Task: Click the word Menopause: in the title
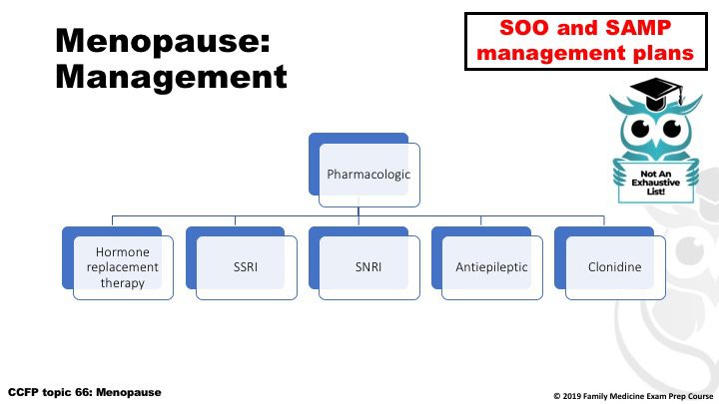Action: [x=163, y=42]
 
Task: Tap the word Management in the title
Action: [x=171, y=77]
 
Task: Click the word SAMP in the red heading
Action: [x=638, y=28]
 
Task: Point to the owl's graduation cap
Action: [x=656, y=93]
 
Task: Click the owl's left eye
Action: [x=640, y=128]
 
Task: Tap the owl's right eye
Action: [x=672, y=128]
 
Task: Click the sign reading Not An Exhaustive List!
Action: [x=656, y=183]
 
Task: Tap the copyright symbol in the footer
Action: [x=556, y=396]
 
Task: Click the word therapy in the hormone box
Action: [x=123, y=283]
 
